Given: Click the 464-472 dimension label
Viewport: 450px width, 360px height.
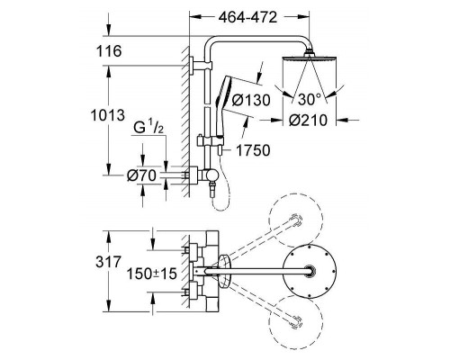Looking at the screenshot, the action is (x=247, y=17).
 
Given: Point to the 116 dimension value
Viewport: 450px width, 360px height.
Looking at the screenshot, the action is (x=109, y=51).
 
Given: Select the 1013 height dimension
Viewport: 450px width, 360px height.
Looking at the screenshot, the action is (x=108, y=115).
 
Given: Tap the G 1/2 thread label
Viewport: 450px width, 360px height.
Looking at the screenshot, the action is (x=148, y=128).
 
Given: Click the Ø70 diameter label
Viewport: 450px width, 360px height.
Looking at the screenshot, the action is (x=141, y=175).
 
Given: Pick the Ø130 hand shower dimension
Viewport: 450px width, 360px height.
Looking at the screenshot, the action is (x=251, y=100).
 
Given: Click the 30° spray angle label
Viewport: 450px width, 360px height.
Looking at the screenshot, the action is (x=309, y=99).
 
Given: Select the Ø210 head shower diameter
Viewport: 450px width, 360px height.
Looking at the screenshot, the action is (x=308, y=121).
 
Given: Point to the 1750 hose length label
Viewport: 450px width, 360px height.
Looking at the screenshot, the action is (x=253, y=150).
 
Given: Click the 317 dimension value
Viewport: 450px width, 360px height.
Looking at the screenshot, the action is (x=109, y=262).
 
